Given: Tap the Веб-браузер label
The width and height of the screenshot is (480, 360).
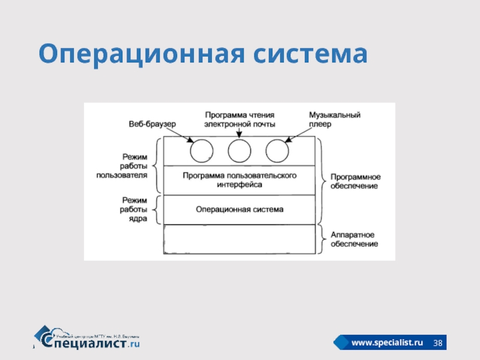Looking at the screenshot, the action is click(152, 124).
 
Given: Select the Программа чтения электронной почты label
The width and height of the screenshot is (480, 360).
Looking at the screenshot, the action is click(239, 119).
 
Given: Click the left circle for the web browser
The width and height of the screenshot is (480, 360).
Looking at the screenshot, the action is click(202, 150).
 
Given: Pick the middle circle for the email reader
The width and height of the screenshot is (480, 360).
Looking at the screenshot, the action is click(239, 150).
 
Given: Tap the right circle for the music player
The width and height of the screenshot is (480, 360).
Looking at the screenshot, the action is click(277, 150).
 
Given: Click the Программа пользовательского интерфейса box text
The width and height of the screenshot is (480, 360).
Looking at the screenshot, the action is click(239, 181).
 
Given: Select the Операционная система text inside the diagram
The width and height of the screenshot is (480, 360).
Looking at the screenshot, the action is click(239, 210).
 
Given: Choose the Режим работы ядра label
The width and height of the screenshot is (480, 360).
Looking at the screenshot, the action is click(134, 209).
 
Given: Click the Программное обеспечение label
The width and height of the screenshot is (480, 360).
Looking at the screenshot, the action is click(354, 181).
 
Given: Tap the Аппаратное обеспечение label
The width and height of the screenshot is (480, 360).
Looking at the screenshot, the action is click(354, 239).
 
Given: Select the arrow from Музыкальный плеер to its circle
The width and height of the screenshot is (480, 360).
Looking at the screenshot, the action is click(296, 135).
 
